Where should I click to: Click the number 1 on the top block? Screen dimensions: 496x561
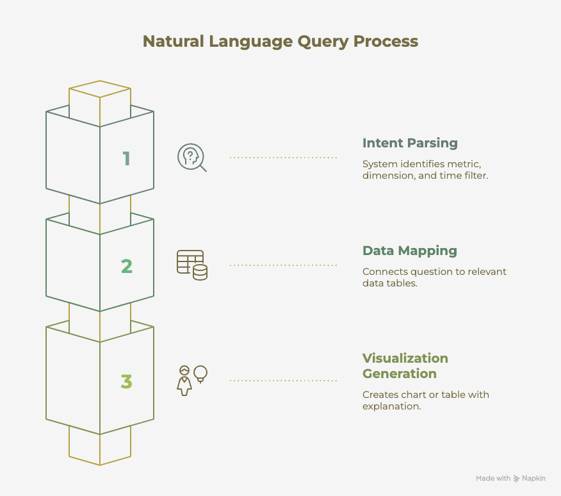127,158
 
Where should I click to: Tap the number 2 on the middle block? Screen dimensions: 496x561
127,266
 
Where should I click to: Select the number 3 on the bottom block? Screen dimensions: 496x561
127,382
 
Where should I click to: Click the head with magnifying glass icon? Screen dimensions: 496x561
191,158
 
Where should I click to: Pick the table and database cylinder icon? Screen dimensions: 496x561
191,265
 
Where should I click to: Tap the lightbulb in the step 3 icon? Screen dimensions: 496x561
201,372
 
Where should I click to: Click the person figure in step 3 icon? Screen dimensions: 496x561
184,381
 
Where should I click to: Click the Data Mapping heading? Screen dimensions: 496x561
409,251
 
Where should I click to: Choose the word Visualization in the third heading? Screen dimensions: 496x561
405,358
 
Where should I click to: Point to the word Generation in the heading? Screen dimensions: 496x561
399,374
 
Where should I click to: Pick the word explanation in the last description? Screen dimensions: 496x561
391,406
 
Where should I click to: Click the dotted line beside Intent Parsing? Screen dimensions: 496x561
283,157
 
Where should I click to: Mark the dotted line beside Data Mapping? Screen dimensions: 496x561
283,265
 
